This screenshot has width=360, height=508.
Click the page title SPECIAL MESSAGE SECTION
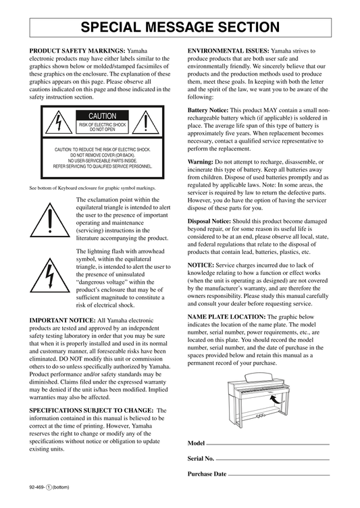[x=180, y=28]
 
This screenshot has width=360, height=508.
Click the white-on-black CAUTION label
[x=103, y=116]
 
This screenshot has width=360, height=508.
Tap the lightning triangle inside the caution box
[x=59, y=122]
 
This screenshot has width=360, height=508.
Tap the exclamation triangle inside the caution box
[x=146, y=122]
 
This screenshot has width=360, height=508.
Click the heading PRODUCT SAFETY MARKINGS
[x=77, y=51]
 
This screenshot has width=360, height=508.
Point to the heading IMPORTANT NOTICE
[x=63, y=320]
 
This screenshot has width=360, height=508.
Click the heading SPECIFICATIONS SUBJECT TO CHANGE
[x=91, y=411]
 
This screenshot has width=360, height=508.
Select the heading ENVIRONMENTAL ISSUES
[x=228, y=51]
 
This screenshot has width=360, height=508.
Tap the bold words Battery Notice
[x=208, y=110]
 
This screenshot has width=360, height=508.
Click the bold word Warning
[x=200, y=162]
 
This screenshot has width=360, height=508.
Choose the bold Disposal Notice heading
[x=209, y=222]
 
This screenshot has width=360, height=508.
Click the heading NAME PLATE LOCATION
[x=226, y=317]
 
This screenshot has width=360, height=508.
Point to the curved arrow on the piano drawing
[x=276, y=400]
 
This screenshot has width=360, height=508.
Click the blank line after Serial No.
[x=272, y=460]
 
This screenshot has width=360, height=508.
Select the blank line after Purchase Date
[x=279, y=476]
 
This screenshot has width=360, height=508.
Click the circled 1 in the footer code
[x=49, y=487]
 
